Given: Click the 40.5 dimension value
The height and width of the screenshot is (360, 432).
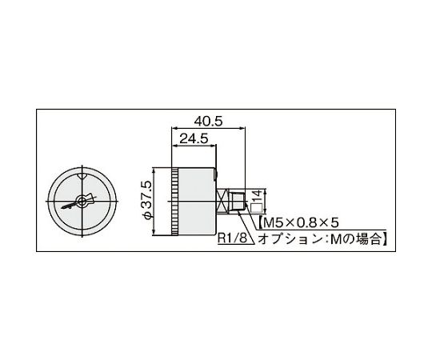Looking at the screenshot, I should tap(207, 121).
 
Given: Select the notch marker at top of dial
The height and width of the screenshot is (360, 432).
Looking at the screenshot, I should tap(82, 174).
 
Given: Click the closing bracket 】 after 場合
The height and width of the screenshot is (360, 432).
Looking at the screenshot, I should tap(386, 238).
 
